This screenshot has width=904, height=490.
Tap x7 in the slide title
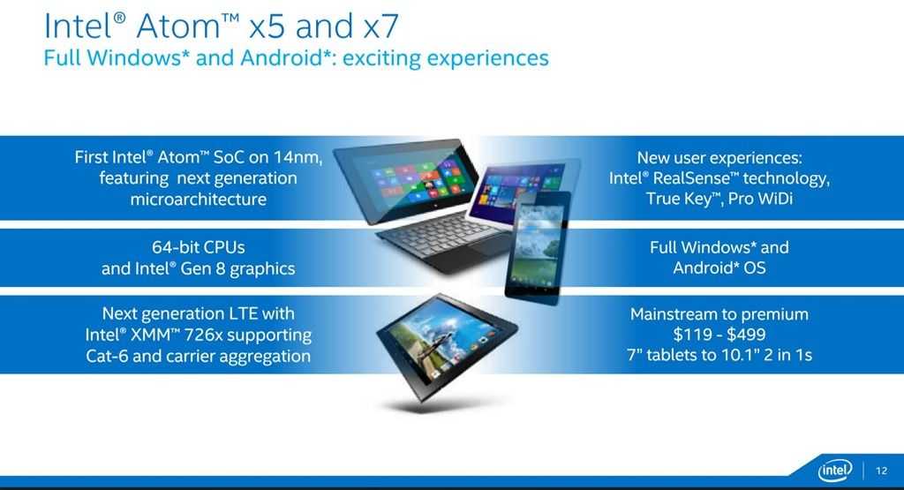pyautogui.click(x=381, y=26)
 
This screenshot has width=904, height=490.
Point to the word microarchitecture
pyautogui.click(x=199, y=200)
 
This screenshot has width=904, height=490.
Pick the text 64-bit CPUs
pyautogui.click(x=199, y=247)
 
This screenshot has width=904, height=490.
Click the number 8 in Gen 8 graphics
pyautogui.click(x=220, y=268)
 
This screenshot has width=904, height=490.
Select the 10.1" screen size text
pyautogui.click(x=741, y=355)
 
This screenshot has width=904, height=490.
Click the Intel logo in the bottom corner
pyautogui.click(x=834, y=471)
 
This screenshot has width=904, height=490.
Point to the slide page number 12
pyautogui.click(x=882, y=471)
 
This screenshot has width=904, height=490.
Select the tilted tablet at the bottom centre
pyautogui.click(x=447, y=346)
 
